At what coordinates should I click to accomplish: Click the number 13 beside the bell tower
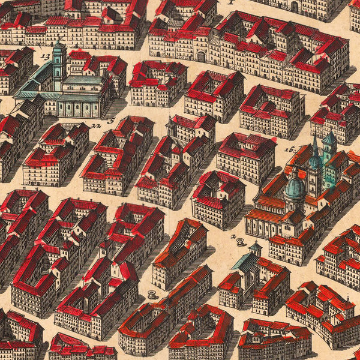coord(46,56)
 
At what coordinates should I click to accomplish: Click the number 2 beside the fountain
coord(233,236)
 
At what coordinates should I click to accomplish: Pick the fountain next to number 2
coord(241,242)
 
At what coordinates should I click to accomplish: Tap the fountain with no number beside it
coord(152,295)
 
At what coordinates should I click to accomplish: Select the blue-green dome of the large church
coord(294,190)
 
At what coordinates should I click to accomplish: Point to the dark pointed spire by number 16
coord(314,150)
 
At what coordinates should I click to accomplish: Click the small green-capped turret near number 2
coord(256,247)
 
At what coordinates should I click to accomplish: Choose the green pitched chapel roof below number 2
coord(245,262)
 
